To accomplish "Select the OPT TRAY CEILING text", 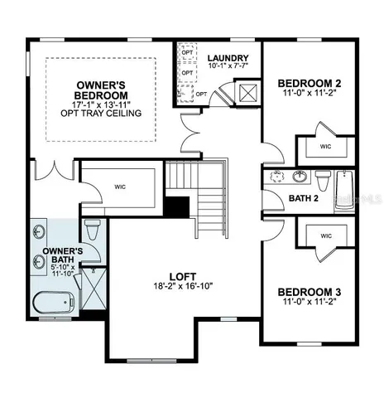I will [x=100, y=113].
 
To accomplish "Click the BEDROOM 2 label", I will [x=310, y=84].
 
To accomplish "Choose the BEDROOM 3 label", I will [x=310, y=292].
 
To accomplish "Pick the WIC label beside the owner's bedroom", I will [x=121, y=187].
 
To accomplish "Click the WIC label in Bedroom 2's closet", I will [x=325, y=147].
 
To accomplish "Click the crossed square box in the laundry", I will [x=246, y=90].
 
